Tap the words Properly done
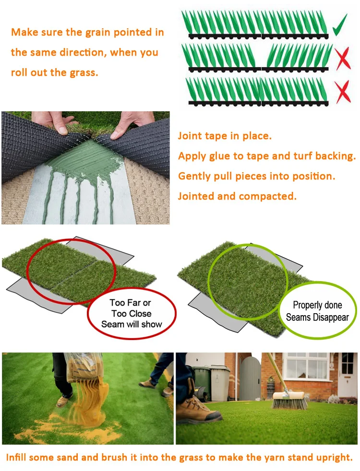click(x=318, y=305)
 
